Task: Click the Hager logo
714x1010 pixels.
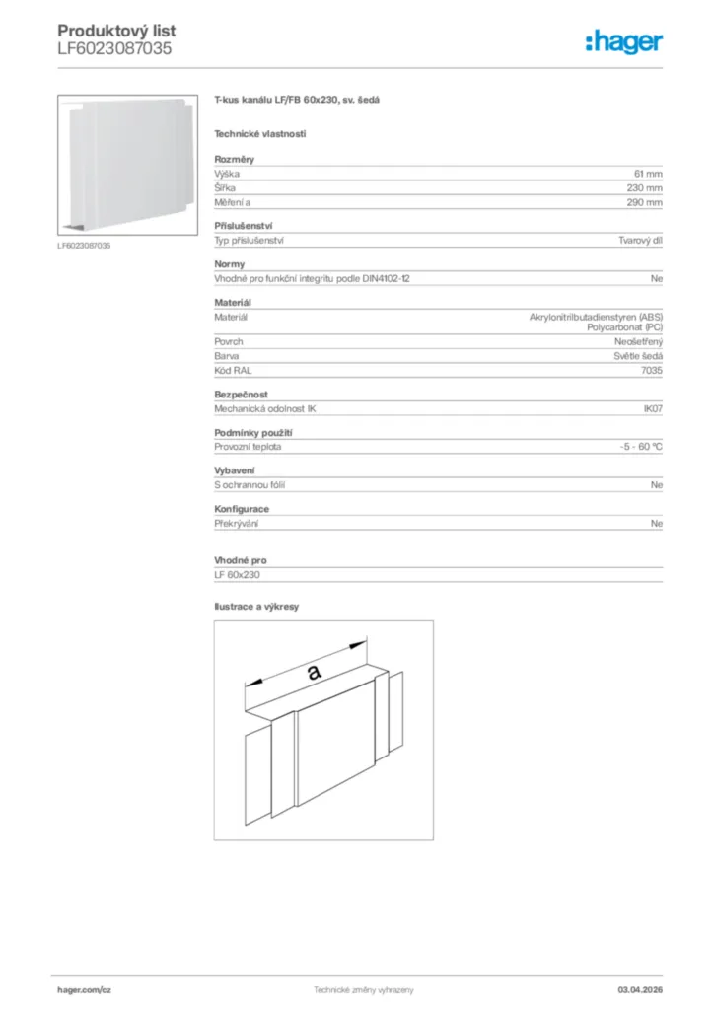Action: (623, 41)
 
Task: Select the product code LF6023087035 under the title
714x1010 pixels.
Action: (114, 47)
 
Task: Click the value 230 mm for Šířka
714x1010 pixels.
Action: (645, 187)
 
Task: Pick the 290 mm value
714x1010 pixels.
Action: (645, 202)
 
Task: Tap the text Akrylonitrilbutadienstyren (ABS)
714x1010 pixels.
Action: (596, 317)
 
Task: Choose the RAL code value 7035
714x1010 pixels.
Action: (651, 370)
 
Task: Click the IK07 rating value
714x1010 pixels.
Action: (651, 408)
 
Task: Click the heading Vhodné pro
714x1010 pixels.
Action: (240, 560)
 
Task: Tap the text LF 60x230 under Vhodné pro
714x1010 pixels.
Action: (237, 575)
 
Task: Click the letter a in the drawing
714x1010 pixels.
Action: (315, 672)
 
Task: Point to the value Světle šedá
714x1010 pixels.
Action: (638, 355)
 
